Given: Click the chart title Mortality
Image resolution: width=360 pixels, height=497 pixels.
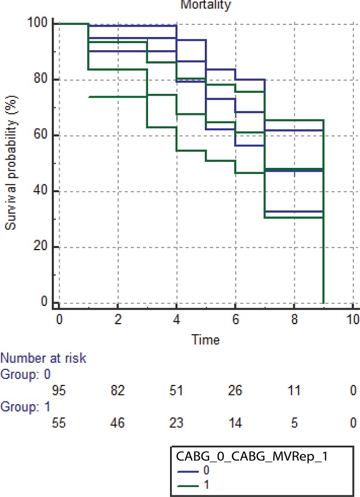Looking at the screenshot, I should click(208, 5).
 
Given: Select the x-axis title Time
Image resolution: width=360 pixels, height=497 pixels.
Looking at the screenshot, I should click(205, 340).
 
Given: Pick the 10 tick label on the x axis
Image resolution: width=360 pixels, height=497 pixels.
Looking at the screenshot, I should click(352, 319).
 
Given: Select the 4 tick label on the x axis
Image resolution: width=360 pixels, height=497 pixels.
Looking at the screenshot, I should click(176, 319).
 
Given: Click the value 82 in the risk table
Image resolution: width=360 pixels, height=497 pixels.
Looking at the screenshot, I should click(117, 391).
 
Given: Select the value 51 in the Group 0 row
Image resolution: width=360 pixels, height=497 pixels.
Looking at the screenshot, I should click(176, 391).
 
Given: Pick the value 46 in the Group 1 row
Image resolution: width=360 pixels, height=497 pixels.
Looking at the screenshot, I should click(117, 424).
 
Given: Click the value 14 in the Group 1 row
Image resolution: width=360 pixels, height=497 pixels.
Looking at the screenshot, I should click(235, 424).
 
